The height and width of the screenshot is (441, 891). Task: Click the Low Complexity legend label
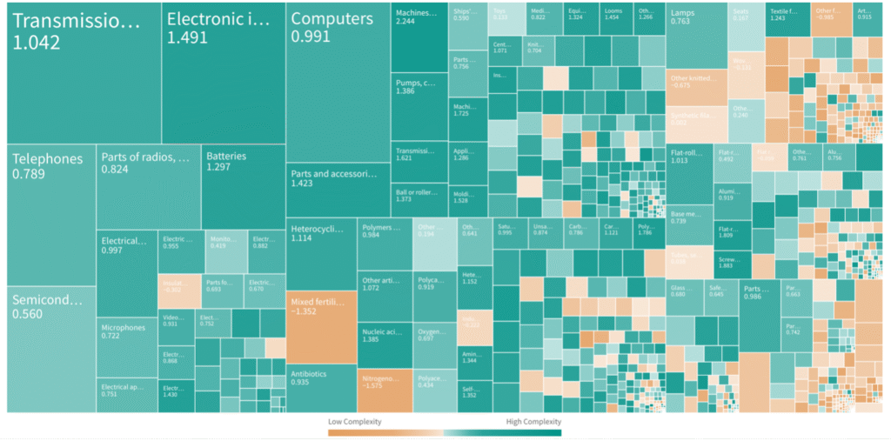[x=354, y=422]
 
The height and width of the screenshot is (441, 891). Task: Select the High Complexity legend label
[x=533, y=422]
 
